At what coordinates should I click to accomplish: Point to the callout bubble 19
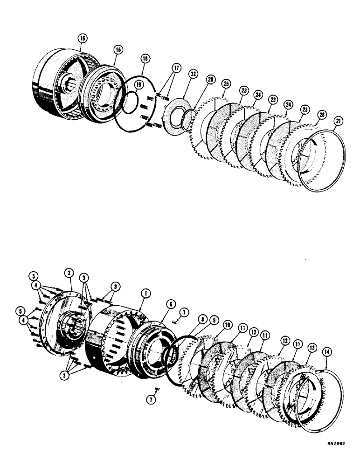coord(125,85)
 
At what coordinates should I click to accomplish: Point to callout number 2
coord(69,273)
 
